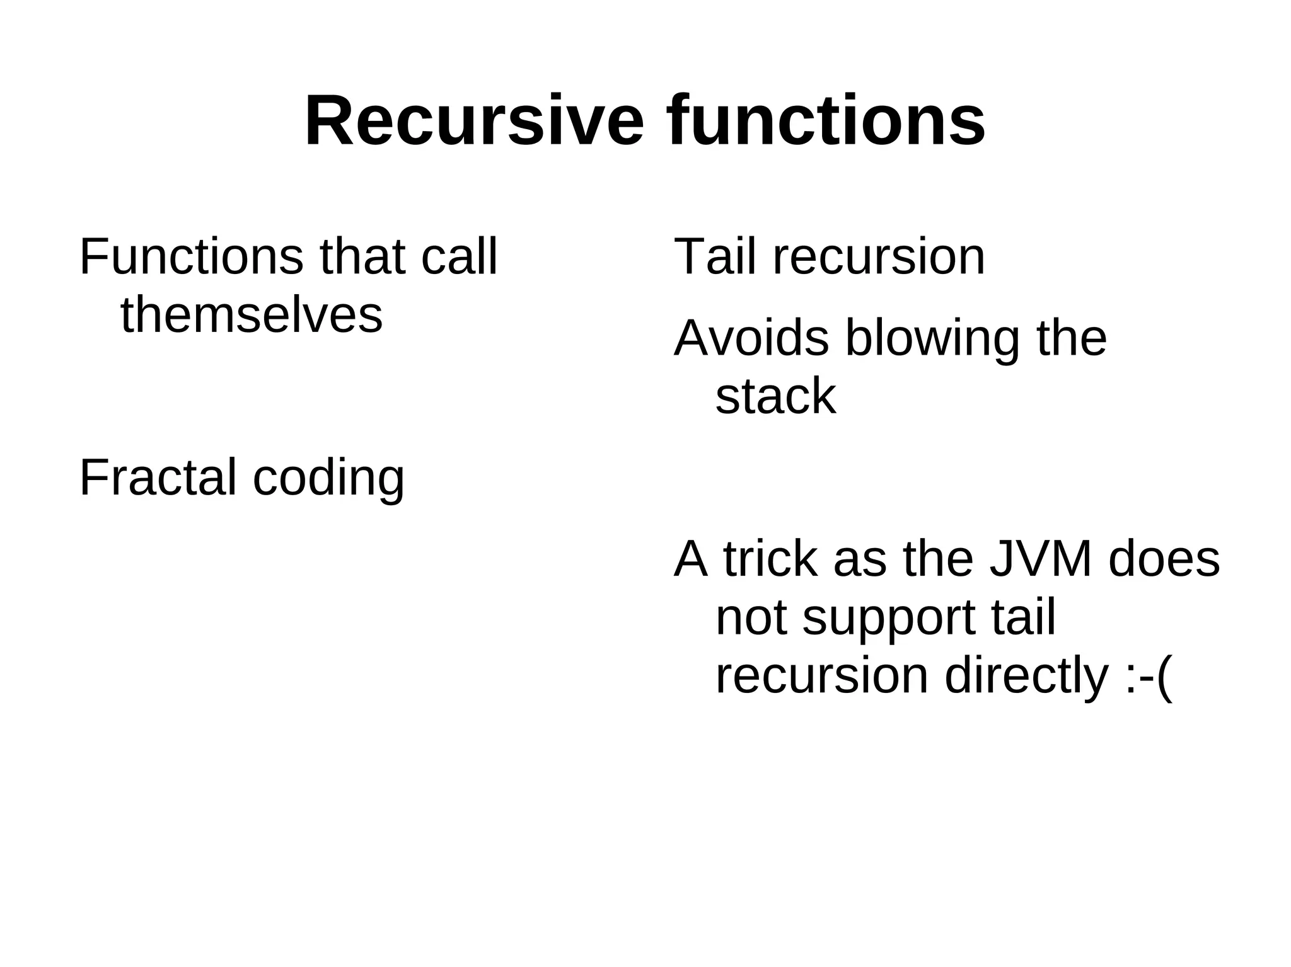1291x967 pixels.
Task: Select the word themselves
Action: (252, 315)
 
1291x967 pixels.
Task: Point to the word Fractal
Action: (158, 478)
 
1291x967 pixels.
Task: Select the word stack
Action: (775, 397)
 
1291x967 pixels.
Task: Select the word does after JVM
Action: (1164, 559)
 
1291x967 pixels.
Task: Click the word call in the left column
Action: (459, 257)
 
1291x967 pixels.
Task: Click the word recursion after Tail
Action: (878, 257)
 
